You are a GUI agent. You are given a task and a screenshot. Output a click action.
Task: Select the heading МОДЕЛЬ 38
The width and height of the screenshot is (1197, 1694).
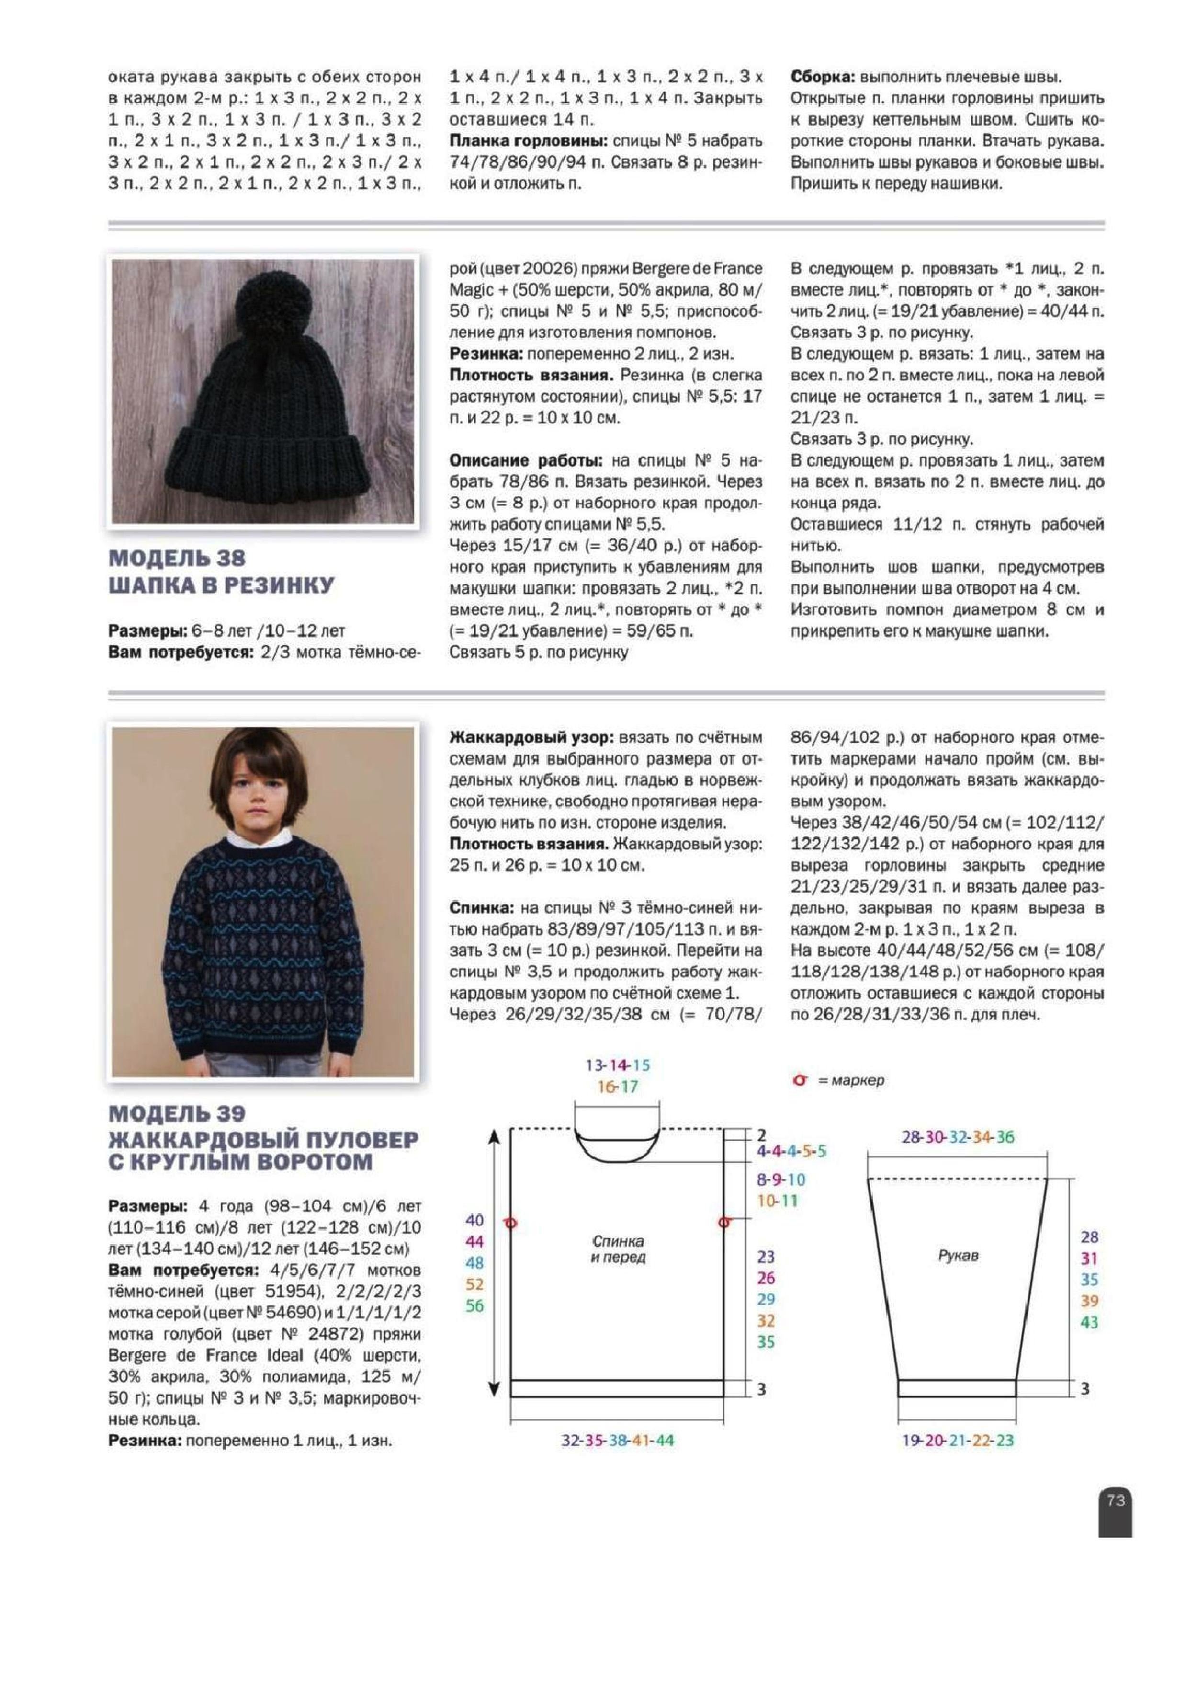[x=177, y=558]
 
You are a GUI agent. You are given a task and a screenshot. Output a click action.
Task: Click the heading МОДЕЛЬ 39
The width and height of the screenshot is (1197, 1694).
[x=177, y=1113]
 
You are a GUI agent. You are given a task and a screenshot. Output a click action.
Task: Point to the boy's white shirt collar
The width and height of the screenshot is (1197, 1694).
[x=262, y=838]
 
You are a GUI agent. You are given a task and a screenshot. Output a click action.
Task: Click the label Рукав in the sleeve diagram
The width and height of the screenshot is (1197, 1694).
[x=957, y=1255]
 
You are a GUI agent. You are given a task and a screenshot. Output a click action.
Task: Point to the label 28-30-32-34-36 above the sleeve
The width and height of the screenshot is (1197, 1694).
[x=957, y=1137]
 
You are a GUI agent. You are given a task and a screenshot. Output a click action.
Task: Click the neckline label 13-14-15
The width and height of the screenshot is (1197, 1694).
[x=617, y=1065]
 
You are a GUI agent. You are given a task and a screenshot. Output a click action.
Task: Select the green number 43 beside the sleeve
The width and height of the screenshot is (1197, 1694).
[x=1089, y=1322]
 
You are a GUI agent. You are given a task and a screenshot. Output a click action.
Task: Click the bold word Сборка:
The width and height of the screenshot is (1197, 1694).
[x=822, y=77]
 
